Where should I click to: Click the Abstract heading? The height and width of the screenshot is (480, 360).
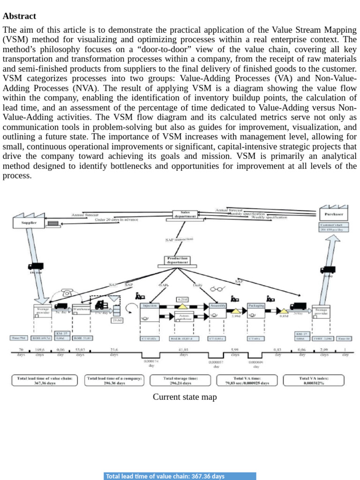pyautogui.click(x=19, y=16)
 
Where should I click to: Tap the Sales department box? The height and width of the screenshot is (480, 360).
pyautogui.click(x=185, y=214)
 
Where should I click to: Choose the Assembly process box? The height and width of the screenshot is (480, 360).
pyautogui.click(x=217, y=305)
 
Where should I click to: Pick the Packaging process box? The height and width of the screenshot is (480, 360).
pyautogui.click(x=256, y=305)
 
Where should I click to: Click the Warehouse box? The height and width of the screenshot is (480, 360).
pyautogui.click(x=81, y=310)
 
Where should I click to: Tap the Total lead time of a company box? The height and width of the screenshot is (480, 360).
pyautogui.click(x=114, y=380)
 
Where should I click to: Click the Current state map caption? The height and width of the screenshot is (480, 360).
pyautogui.click(x=185, y=397)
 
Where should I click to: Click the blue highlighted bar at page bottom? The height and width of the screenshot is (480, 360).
pyautogui.click(x=180, y=476)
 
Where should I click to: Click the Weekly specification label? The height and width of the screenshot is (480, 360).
pyautogui.click(x=269, y=217)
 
